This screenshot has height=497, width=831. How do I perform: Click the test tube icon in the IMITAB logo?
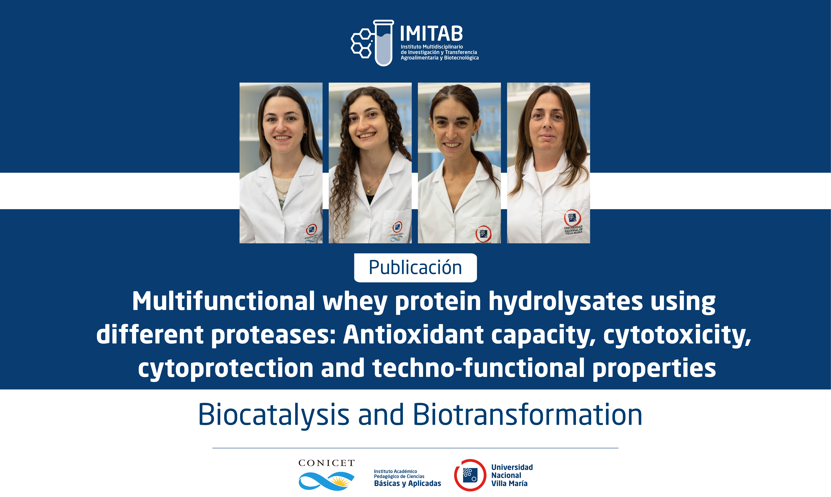(384, 43)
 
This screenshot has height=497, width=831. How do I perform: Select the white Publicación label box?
(415, 268)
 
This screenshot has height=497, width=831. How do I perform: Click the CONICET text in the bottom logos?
(326, 463)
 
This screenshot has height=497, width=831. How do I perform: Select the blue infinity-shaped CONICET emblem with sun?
(326, 481)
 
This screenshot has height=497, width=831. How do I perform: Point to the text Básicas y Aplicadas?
(407, 483)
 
